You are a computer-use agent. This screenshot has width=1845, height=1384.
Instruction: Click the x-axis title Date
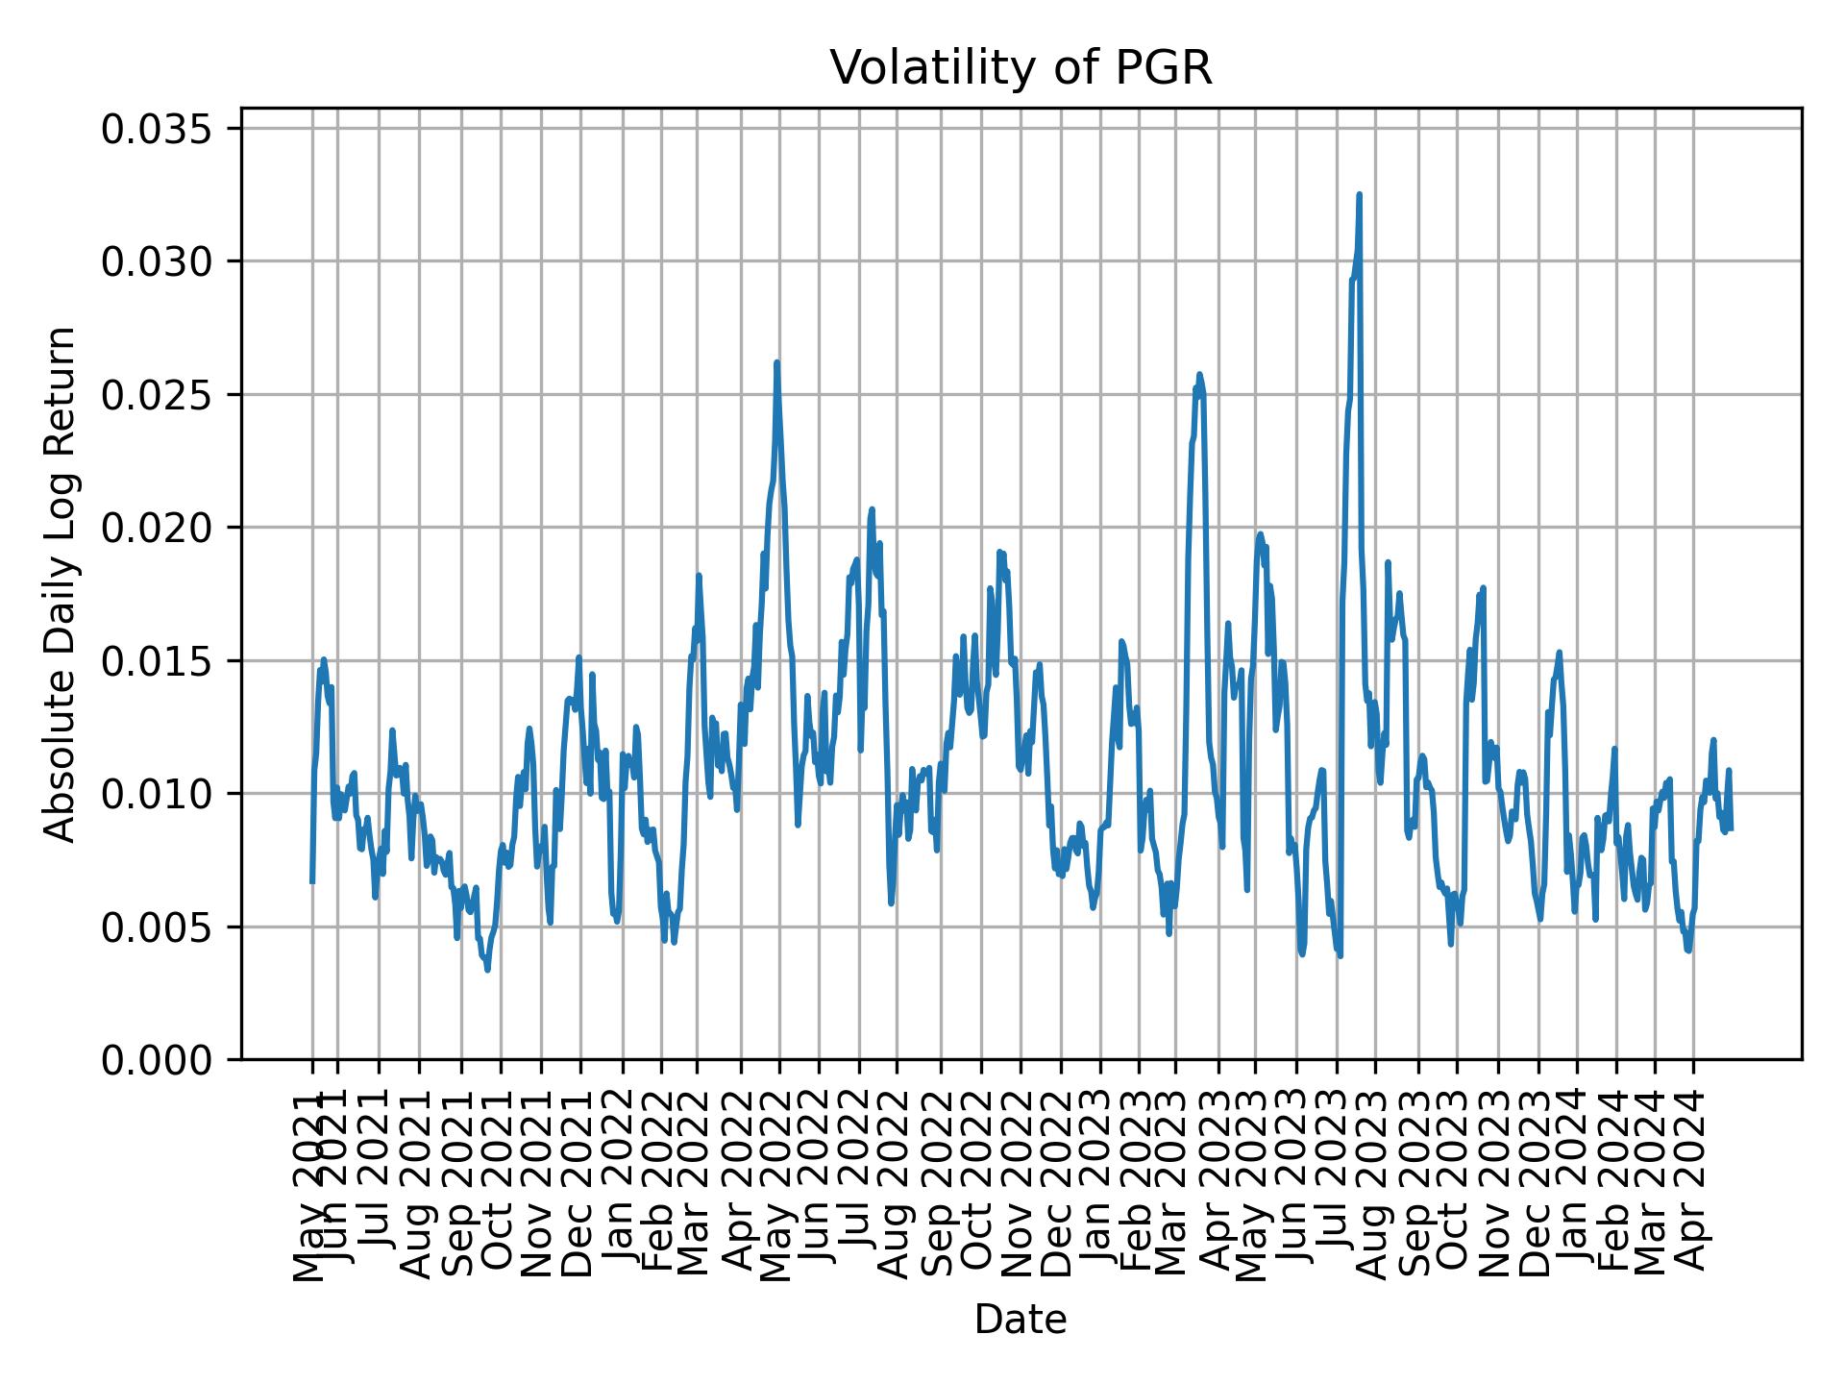[x=1021, y=1320]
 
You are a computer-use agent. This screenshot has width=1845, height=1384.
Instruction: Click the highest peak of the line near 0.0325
[x=1359, y=195]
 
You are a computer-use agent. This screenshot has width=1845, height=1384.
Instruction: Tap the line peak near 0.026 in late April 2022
[x=776, y=363]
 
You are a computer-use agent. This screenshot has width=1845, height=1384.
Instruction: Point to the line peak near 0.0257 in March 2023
[x=1199, y=375]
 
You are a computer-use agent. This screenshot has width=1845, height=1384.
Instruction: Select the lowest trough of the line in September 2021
[x=487, y=970]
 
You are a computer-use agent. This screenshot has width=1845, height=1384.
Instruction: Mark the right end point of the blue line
[x=1730, y=829]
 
